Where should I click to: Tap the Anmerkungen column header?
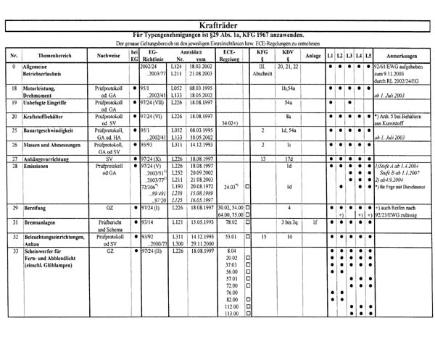402,55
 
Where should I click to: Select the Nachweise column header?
108,55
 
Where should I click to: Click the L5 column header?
368,55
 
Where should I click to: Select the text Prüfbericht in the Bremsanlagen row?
109,222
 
